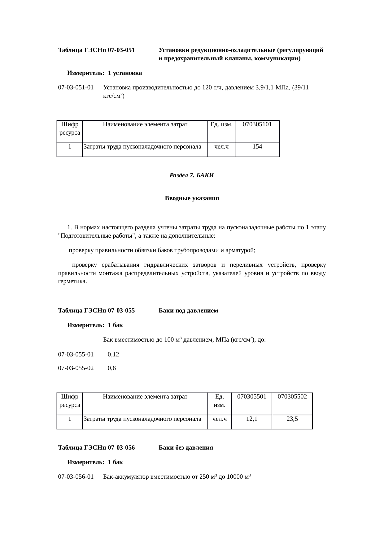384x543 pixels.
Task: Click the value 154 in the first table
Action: (257, 147)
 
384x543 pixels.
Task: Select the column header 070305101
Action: (257, 124)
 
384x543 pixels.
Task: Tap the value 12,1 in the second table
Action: (251, 419)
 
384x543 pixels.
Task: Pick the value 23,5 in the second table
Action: (292, 419)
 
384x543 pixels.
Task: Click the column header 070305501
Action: (251, 396)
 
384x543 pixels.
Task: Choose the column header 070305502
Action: (292, 396)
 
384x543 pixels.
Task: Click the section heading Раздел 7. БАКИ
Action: (192, 175)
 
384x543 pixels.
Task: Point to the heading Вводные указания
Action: (192, 198)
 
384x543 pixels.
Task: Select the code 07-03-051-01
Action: (76, 88)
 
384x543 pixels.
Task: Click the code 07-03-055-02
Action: (76, 368)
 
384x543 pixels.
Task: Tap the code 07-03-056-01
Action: (76, 477)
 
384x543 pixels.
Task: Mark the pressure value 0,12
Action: (113, 354)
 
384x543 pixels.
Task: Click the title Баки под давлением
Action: (188, 311)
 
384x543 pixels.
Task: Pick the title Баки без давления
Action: (186, 448)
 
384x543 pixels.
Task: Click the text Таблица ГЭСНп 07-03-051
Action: (96, 50)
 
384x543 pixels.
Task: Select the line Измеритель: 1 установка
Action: (104, 73)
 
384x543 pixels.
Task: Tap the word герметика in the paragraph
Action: (72, 282)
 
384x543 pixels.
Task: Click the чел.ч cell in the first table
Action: (221, 147)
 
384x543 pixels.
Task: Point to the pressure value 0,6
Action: (112, 368)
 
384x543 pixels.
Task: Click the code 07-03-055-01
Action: (76, 354)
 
